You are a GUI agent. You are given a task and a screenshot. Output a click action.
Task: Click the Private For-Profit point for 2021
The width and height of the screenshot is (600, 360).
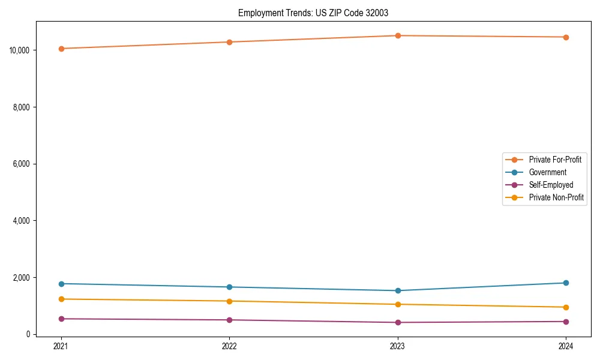tap(61, 49)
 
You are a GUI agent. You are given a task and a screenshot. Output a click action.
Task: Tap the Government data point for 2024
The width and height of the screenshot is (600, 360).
tap(566, 283)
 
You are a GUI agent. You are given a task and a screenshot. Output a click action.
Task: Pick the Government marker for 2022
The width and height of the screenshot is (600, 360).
tap(229, 287)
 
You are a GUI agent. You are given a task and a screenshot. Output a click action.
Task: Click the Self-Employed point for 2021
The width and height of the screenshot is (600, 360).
tap(61, 319)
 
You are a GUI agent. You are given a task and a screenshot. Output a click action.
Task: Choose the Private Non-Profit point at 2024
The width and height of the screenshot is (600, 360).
tap(566, 307)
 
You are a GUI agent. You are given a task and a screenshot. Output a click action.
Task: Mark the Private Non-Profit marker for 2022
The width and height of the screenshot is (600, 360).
tap(229, 301)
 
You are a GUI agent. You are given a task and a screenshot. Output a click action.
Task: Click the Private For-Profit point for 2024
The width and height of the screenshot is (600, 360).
tap(566, 37)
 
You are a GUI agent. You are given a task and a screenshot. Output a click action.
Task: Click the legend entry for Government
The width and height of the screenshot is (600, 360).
tap(547, 172)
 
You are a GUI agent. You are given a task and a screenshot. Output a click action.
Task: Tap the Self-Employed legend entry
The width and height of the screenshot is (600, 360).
tap(551, 185)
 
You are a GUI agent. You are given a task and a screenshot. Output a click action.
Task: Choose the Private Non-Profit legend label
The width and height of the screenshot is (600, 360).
tap(556, 197)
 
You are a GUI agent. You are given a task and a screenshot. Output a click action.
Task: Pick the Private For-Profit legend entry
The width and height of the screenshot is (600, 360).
tap(555, 160)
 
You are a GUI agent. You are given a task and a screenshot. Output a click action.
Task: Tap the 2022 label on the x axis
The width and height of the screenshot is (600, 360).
tap(229, 346)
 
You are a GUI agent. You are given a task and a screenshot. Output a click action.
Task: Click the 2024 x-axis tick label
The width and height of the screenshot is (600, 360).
tap(566, 346)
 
